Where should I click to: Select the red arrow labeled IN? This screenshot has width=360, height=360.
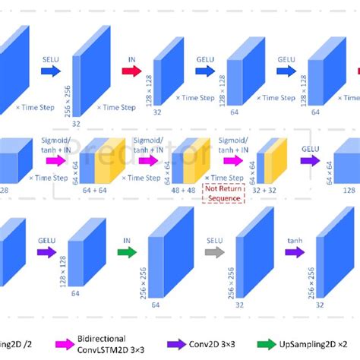pyautogui.click(x=131, y=70)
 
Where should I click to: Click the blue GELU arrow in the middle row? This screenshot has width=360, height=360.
pyautogui.click(x=309, y=160)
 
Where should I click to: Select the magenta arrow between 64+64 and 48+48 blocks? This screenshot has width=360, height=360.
pyautogui.click(x=146, y=160)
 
